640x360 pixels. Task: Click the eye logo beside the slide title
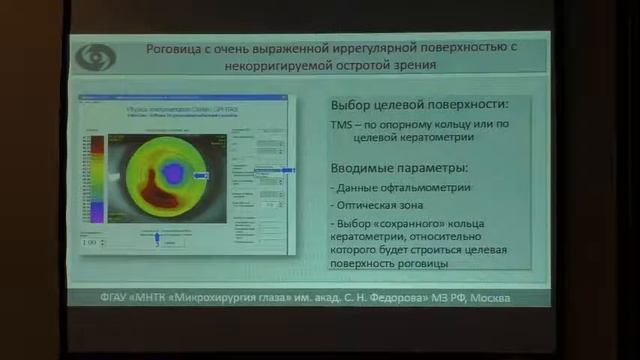96,55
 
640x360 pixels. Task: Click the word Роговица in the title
177,46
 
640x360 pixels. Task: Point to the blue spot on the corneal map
173,173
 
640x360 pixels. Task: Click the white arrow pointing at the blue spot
202,174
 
